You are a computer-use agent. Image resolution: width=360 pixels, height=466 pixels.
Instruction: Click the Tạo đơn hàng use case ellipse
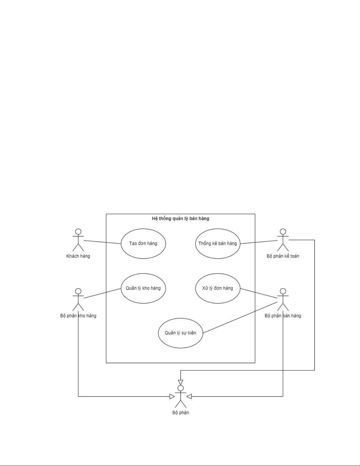[x=143, y=244]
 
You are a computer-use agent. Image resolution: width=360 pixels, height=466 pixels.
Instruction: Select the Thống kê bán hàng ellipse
[x=217, y=244]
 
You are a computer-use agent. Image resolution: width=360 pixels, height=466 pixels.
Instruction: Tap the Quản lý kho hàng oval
[x=143, y=288]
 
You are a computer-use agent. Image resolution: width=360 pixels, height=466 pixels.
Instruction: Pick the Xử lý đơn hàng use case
[x=217, y=288]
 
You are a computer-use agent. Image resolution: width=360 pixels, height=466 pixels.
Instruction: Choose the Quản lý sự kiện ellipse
[x=180, y=333]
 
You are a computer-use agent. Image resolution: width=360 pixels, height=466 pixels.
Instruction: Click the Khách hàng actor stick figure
[x=78, y=240]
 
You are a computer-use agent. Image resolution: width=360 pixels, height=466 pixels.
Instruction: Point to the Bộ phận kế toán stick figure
[x=283, y=240]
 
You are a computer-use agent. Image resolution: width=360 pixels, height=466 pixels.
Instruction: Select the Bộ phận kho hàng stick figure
[x=78, y=300]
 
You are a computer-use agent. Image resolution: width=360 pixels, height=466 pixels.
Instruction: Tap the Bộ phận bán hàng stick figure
[x=283, y=300]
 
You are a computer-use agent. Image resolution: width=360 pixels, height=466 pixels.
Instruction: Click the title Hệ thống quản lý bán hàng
[x=180, y=218]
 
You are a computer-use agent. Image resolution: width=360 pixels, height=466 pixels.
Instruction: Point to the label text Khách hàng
[x=78, y=256]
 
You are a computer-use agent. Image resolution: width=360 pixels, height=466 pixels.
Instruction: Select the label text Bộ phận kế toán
[x=283, y=256]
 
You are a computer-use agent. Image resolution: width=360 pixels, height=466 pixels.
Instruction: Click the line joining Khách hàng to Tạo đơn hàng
[x=103, y=242]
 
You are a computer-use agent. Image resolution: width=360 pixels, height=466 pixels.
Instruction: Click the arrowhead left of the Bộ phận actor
[x=172, y=397]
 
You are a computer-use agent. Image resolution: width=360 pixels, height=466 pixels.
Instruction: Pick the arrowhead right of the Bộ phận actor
[x=189, y=397]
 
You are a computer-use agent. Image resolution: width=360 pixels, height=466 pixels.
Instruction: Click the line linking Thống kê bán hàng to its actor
[x=259, y=242]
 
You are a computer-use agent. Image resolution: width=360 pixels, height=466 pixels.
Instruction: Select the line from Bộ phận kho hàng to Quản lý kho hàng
[x=103, y=293]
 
